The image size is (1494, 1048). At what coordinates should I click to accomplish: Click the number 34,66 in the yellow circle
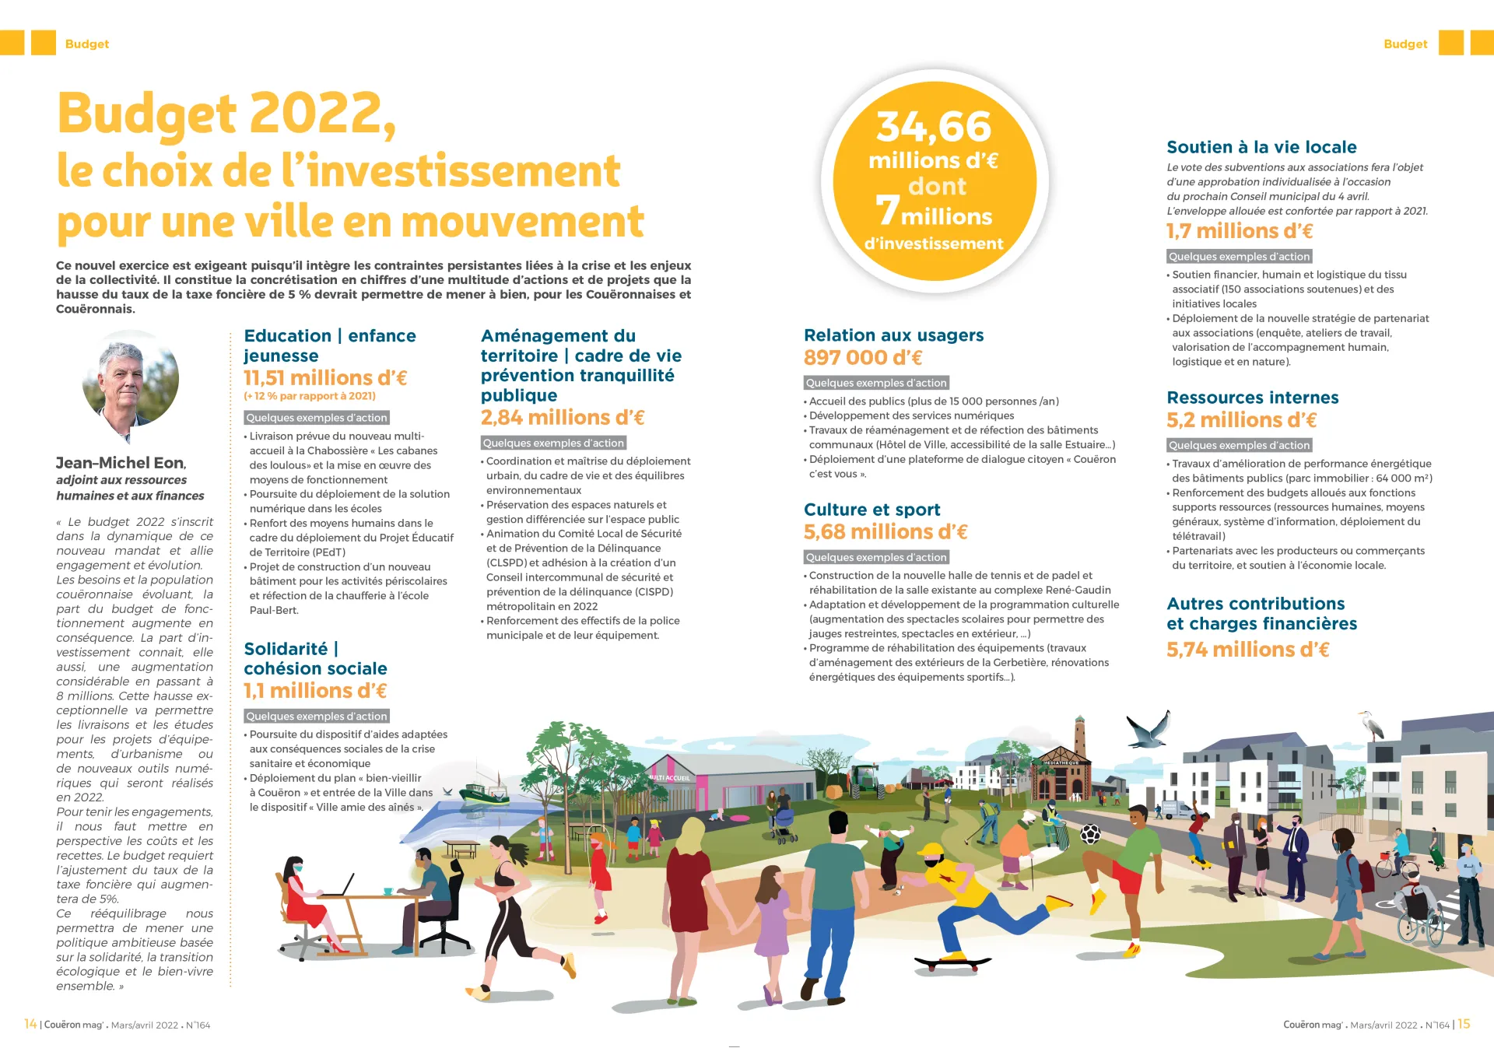pos(934,127)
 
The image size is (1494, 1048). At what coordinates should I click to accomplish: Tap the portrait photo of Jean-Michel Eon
pos(131,379)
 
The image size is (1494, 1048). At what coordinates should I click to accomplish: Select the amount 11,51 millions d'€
pos(325,378)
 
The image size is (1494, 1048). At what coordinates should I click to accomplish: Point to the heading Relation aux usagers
pos(893,335)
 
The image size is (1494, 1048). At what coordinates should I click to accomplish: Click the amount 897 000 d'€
pos(862,358)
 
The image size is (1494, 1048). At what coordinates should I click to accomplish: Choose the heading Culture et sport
pos(871,510)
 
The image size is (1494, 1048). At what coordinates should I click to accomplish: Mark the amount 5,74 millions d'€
pos(1247,650)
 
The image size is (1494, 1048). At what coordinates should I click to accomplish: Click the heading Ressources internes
pos(1252,398)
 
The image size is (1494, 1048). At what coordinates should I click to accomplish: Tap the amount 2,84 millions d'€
pos(562,418)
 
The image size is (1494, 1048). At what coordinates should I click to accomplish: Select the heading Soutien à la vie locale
pos(1261,147)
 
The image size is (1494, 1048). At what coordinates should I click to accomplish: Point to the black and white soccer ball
pos(1090,834)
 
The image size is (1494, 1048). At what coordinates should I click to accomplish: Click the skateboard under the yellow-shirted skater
pos(953,962)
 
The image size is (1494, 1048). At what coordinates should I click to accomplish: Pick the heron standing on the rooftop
pos(1372,725)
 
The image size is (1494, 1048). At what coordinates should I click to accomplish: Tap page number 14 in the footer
pos(30,1024)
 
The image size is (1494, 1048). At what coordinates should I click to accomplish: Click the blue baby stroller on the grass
pos(784,825)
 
